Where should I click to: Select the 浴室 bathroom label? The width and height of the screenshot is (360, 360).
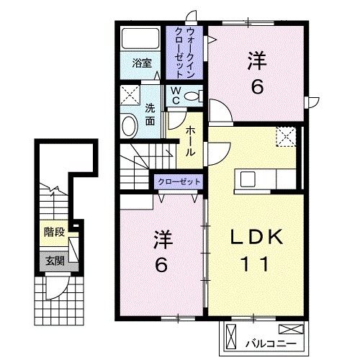pos(141,63)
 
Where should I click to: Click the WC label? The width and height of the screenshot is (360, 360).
pos(174,95)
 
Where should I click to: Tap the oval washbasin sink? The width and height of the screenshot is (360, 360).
pos(130,125)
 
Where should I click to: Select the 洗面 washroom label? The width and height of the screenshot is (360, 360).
pos(149,115)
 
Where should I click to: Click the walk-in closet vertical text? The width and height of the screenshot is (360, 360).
pos(185,52)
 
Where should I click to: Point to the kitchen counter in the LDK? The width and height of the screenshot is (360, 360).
pos(264,178)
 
